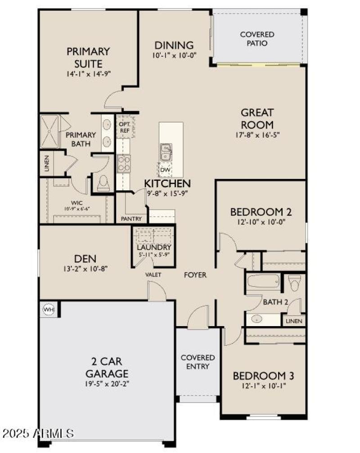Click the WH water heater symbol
48,309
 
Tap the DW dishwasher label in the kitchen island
166,170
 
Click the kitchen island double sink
166,152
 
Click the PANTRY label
131,219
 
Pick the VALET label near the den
153,275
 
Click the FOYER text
195,275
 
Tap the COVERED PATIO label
257,39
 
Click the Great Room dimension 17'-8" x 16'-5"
257,135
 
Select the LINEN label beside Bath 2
294,321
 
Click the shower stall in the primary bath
50,131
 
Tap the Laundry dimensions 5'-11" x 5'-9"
154,255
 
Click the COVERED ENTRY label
198,362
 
